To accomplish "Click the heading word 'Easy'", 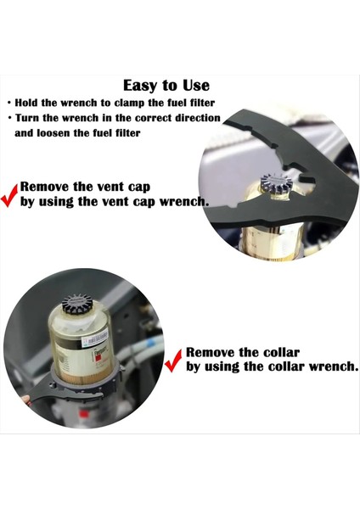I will (x=141, y=86).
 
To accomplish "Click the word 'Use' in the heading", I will (x=194, y=86).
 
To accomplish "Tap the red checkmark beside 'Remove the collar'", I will (x=173, y=362).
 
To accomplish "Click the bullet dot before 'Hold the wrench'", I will (x=9, y=102).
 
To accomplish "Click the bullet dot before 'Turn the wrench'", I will (x=9, y=118).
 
